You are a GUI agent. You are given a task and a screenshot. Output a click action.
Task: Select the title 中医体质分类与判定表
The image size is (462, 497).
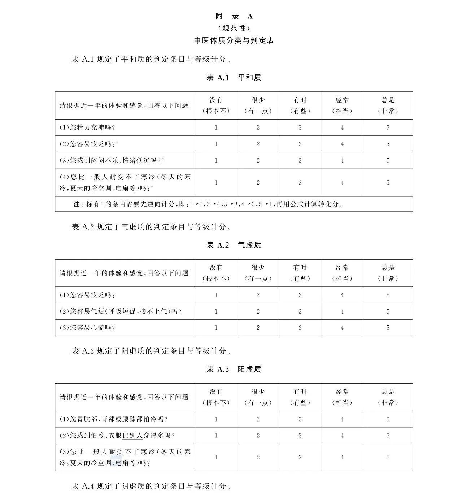(x=234, y=40)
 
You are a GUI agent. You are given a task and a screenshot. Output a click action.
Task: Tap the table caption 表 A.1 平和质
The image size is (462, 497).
(x=234, y=78)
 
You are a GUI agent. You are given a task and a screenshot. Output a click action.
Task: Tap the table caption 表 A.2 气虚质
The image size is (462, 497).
(x=234, y=245)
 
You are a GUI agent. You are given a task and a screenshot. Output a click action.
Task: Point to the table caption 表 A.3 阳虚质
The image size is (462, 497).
(x=234, y=369)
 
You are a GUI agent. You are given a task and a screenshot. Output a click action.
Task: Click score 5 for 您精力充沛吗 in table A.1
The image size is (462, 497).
(x=388, y=128)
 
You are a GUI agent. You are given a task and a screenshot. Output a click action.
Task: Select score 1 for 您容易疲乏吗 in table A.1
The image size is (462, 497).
(x=216, y=144)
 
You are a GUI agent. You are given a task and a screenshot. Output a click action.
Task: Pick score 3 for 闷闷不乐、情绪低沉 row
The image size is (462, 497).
(x=300, y=160)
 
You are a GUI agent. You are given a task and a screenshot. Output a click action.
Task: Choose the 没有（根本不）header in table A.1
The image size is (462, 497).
(x=216, y=105)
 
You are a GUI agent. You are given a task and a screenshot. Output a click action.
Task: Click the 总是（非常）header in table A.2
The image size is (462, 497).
(x=388, y=273)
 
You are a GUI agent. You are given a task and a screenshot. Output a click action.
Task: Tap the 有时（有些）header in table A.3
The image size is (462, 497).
(x=300, y=397)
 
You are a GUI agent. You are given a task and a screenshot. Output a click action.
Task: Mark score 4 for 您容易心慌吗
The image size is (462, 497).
(x=342, y=328)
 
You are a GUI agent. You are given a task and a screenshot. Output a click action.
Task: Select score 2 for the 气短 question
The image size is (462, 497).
(x=258, y=311)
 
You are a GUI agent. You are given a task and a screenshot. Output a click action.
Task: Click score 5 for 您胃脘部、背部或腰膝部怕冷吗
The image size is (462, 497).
(x=388, y=419)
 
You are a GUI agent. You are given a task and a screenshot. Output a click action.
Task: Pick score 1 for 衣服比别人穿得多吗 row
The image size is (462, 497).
(x=216, y=436)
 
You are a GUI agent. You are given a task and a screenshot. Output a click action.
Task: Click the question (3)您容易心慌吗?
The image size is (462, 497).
(x=87, y=328)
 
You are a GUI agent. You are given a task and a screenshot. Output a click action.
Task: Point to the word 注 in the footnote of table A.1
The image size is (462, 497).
(x=77, y=204)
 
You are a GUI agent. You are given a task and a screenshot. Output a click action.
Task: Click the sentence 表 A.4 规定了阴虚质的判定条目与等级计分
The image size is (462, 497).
(x=151, y=486)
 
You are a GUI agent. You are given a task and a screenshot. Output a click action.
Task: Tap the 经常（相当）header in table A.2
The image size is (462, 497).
(x=342, y=273)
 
